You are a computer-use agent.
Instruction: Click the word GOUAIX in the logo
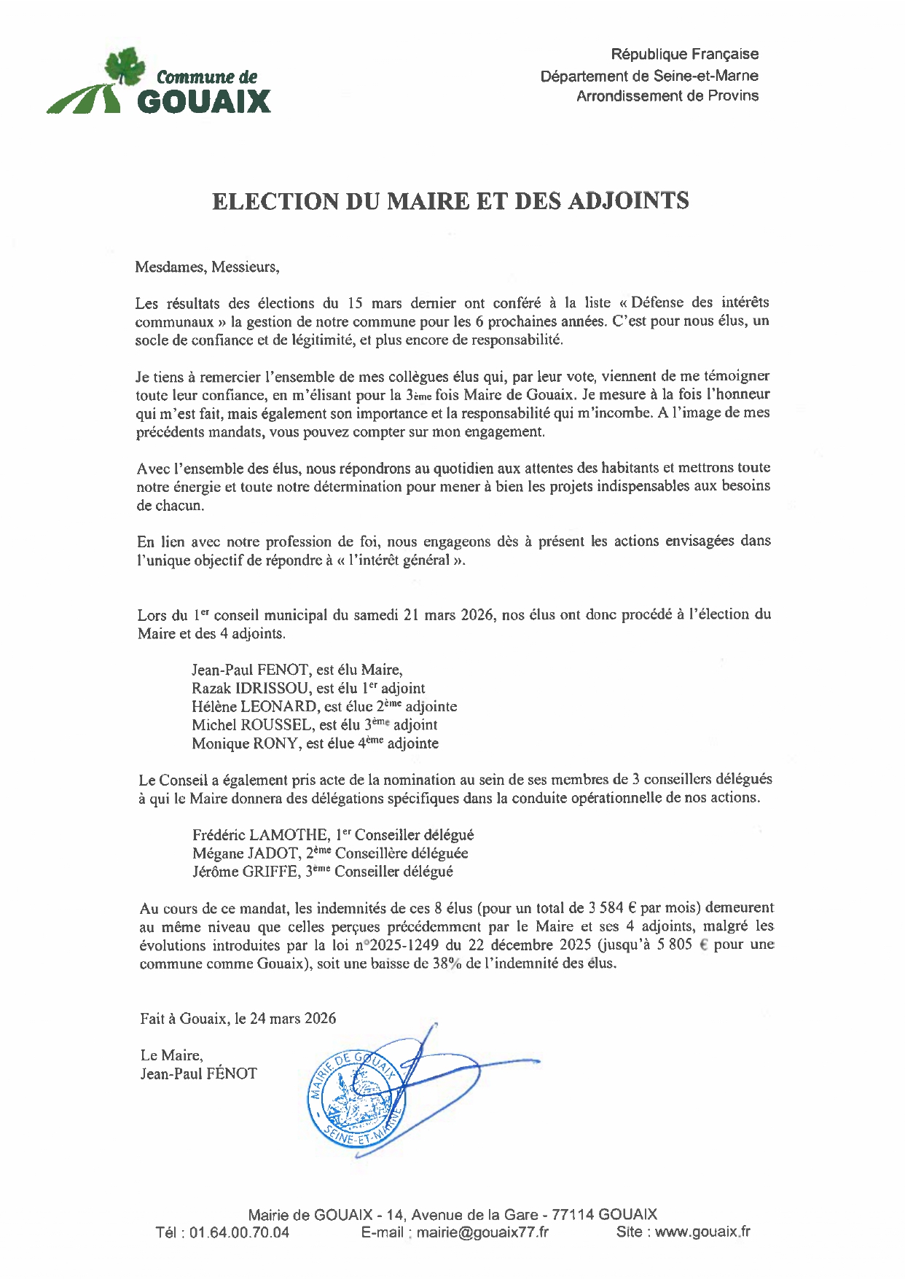point(203,101)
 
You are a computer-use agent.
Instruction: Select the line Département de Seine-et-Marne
point(649,76)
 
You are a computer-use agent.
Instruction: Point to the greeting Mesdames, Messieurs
point(207,267)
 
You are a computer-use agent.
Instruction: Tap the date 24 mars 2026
point(293,1019)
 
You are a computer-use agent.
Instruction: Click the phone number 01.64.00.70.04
point(240,1232)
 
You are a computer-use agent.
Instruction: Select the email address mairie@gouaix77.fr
point(482,1232)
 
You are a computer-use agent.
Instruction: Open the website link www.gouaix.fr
point(702,1232)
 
